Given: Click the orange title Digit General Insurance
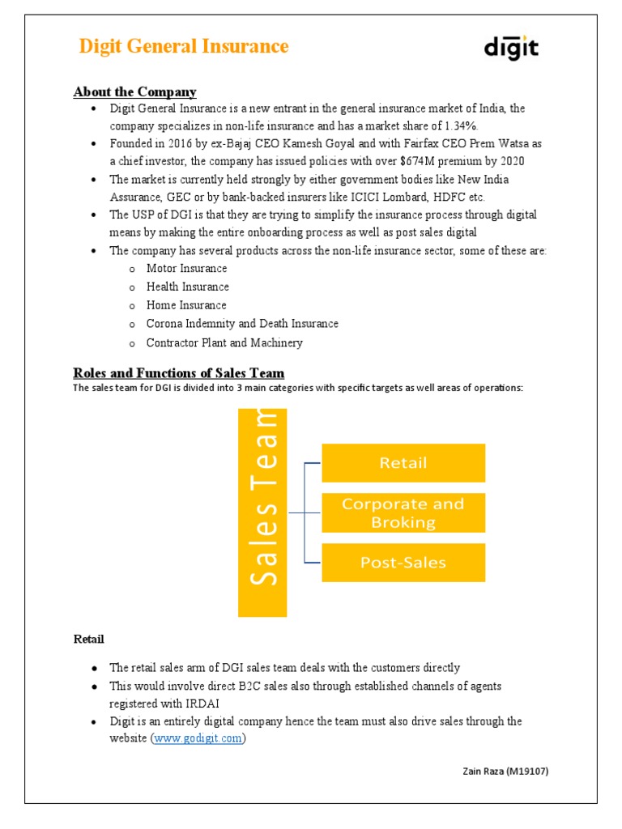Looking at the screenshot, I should click(184, 46).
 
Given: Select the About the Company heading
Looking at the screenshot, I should click(134, 91).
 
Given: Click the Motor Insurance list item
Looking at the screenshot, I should click(186, 268).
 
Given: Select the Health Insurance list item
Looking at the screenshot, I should click(187, 287).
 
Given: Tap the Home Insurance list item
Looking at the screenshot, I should click(186, 305).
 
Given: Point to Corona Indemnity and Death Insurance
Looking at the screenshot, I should click(242, 324).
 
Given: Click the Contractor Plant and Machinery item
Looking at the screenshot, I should click(224, 342).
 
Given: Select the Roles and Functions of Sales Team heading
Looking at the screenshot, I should click(179, 373).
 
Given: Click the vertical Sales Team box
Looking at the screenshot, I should click(262, 512).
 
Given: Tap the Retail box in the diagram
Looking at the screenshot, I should click(403, 463).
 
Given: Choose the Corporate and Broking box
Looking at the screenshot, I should click(403, 512).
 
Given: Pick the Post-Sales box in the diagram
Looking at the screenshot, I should click(403, 563).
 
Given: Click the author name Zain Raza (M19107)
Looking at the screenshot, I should click(500, 772).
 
